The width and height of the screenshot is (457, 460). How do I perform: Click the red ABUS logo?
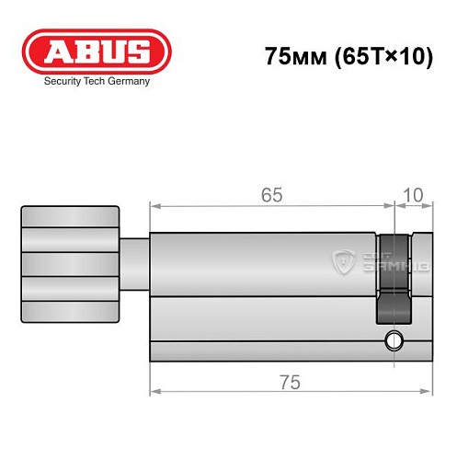coord(97,52)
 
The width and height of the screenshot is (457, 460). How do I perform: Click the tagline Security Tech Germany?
coord(97,81)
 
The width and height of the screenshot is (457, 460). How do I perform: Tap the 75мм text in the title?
coord(289,56)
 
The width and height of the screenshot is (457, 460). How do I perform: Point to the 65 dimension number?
coord(270,195)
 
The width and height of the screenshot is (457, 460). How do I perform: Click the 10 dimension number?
coord(414,195)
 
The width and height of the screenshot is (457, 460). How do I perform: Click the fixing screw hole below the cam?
coord(395,339)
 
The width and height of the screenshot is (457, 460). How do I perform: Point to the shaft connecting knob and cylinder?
coord(134,262)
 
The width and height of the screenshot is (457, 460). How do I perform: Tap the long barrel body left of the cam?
coord(262,276)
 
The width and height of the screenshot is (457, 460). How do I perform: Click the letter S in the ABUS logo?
coord(142,52)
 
